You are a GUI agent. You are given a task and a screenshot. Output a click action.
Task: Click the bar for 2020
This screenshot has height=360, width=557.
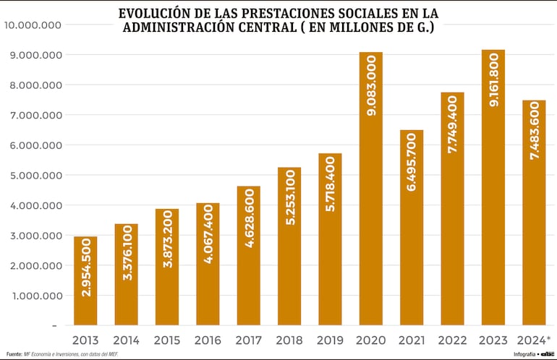pyautogui.click(x=370, y=188)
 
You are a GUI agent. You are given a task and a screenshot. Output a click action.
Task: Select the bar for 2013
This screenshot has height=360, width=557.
pyautogui.click(x=85, y=280)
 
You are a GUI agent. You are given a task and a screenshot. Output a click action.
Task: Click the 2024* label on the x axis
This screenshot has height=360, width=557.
pyautogui.click(x=534, y=339)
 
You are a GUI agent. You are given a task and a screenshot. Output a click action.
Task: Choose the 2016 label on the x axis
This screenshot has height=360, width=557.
pyautogui.click(x=208, y=339)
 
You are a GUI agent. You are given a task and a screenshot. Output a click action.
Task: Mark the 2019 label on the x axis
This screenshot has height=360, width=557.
pyautogui.click(x=330, y=339)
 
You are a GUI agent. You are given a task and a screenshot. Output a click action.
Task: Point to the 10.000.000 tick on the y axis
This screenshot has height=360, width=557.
pyautogui.click(x=32, y=25)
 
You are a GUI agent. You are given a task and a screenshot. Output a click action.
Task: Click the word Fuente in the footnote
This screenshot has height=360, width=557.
pyautogui.click(x=14, y=353)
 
